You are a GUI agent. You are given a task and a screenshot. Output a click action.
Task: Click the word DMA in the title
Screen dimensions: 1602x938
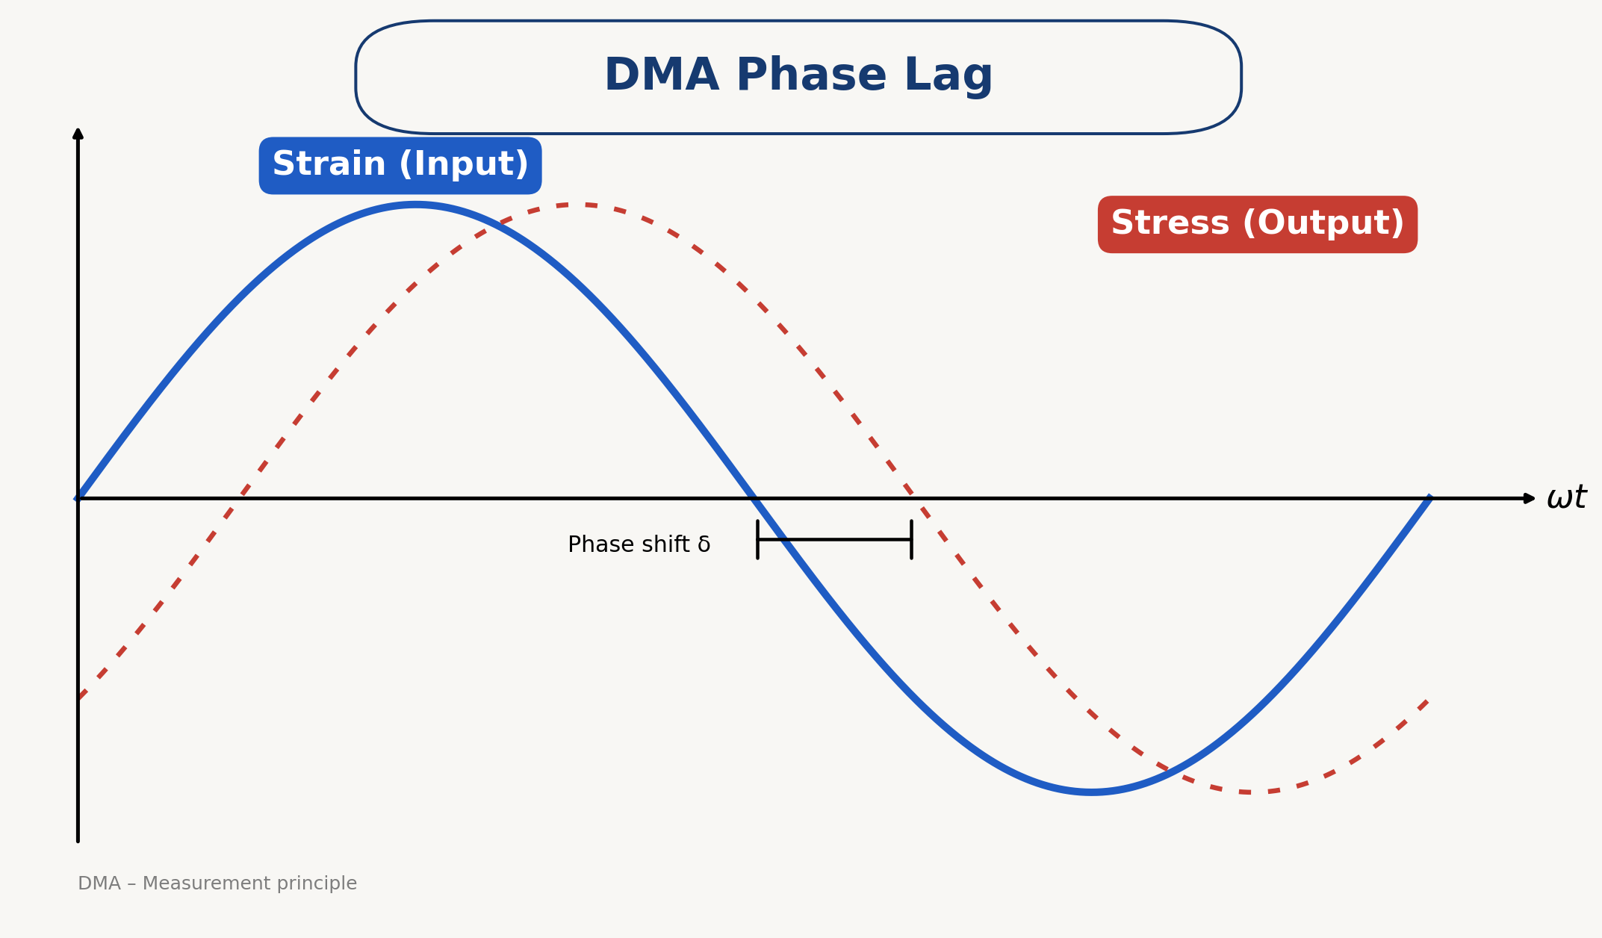click(661, 75)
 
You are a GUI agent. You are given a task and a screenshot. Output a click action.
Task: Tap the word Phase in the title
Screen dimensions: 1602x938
click(811, 75)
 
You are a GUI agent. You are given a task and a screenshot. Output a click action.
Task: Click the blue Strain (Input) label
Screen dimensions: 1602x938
click(400, 165)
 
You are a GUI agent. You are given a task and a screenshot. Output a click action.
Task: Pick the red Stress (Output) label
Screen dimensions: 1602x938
click(1258, 224)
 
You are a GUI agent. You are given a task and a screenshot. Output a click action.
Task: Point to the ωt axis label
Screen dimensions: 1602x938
click(1566, 497)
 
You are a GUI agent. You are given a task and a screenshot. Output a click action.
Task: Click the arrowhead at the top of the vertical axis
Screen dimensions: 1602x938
click(78, 133)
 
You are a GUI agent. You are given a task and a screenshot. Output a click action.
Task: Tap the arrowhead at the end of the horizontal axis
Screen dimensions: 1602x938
click(1530, 498)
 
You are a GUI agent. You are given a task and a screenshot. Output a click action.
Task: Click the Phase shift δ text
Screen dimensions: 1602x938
click(639, 544)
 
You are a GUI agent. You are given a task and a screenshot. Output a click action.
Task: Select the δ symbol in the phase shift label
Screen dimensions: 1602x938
click(704, 544)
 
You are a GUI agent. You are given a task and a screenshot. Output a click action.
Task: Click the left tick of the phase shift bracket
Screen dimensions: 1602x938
click(757, 539)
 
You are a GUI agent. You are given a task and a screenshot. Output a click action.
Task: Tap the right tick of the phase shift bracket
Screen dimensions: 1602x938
click(911, 539)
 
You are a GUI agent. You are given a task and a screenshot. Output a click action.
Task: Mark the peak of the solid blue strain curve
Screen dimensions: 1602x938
click(415, 204)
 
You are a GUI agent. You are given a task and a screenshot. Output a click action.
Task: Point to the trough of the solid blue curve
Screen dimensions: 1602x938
click(1092, 792)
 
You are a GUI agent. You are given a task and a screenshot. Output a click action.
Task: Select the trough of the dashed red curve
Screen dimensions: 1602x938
click(1249, 792)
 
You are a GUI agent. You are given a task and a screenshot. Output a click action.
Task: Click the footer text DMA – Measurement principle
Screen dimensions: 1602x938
click(217, 883)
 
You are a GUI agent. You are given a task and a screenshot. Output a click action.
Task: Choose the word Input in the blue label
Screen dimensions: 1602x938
click(464, 165)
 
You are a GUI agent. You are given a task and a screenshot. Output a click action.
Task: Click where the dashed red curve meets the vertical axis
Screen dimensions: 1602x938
click(78, 699)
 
